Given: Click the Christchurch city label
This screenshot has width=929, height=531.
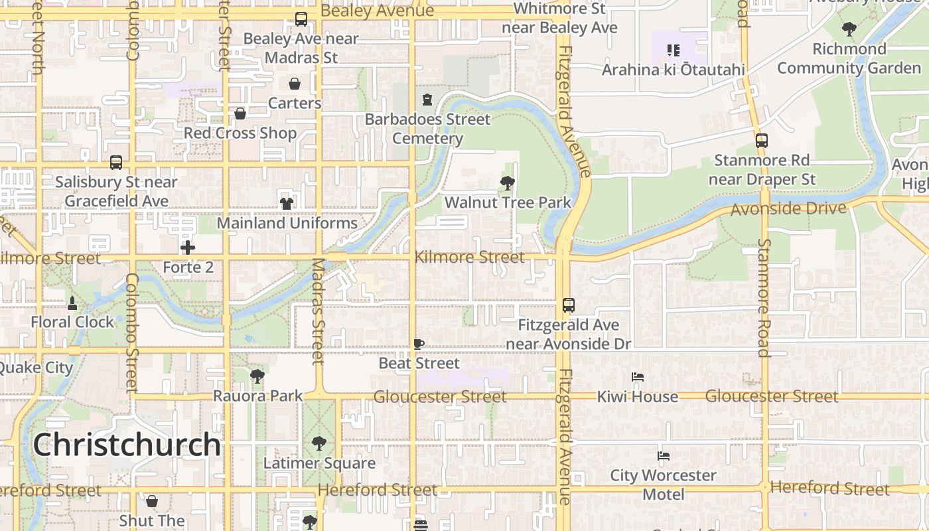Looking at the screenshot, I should (x=127, y=444).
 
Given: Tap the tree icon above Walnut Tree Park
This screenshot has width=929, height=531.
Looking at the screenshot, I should (x=508, y=183).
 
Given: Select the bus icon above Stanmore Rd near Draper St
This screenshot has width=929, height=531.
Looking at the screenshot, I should (x=762, y=141).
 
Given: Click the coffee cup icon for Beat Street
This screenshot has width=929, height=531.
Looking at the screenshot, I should (x=419, y=344).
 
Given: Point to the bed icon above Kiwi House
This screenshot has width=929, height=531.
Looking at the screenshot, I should (x=638, y=377).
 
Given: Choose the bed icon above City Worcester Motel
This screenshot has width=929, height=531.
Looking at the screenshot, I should (x=663, y=456).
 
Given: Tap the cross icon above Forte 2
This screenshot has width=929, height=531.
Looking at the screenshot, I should (x=188, y=248).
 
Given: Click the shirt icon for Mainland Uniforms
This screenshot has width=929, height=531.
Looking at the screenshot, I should (x=287, y=203).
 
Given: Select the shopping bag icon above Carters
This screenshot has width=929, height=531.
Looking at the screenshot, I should (x=295, y=84).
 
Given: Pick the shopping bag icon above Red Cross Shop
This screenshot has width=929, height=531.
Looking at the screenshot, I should (x=240, y=114).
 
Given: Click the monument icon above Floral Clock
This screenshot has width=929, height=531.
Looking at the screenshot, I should (x=72, y=303).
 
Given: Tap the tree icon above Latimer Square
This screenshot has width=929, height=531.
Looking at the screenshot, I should (x=319, y=443).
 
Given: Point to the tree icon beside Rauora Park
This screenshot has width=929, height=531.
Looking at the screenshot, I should (x=257, y=376).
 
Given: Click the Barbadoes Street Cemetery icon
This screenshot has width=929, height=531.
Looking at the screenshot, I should (x=427, y=100).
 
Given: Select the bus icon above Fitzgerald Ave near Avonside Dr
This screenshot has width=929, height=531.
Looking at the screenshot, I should (x=569, y=305).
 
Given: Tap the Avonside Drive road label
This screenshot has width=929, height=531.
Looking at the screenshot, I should (x=788, y=210).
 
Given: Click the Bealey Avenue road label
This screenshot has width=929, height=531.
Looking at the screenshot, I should (x=377, y=11).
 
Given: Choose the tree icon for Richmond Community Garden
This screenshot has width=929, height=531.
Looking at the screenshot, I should (x=849, y=29).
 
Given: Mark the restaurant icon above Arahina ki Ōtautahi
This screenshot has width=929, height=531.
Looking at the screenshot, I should (x=674, y=50).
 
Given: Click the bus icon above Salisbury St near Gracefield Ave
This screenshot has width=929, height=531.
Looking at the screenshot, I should (x=116, y=163).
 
